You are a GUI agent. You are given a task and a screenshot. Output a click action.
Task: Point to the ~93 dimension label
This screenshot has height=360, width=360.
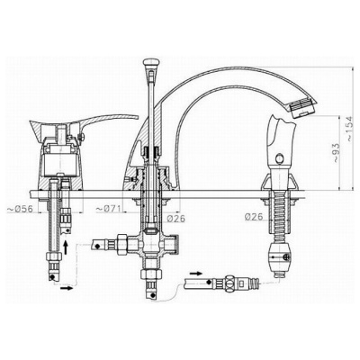[x=336, y=153]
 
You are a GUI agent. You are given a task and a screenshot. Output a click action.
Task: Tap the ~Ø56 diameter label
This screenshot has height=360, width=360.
[x=21, y=209]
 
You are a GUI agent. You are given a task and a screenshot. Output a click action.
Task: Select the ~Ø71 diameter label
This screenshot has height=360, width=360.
[x=109, y=209]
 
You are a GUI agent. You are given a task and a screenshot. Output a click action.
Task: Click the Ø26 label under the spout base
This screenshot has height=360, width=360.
[x=175, y=219]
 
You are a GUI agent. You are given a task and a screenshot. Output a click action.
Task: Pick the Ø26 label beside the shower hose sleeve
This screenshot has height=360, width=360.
[x=254, y=216]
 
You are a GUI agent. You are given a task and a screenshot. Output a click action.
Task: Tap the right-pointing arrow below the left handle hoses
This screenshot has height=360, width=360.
[x=67, y=288]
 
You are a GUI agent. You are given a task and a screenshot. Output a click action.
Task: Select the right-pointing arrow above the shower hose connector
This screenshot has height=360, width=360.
[x=196, y=274]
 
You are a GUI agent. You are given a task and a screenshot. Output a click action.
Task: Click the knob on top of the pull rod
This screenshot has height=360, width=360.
[x=149, y=63]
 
